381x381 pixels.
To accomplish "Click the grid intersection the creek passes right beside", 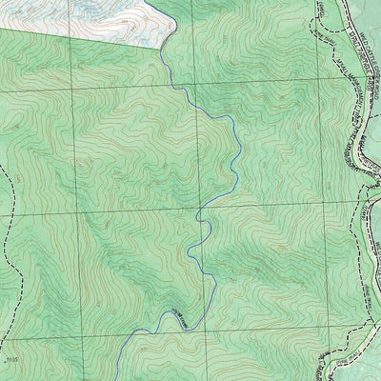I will pyautogui.click(x=199, y=208).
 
